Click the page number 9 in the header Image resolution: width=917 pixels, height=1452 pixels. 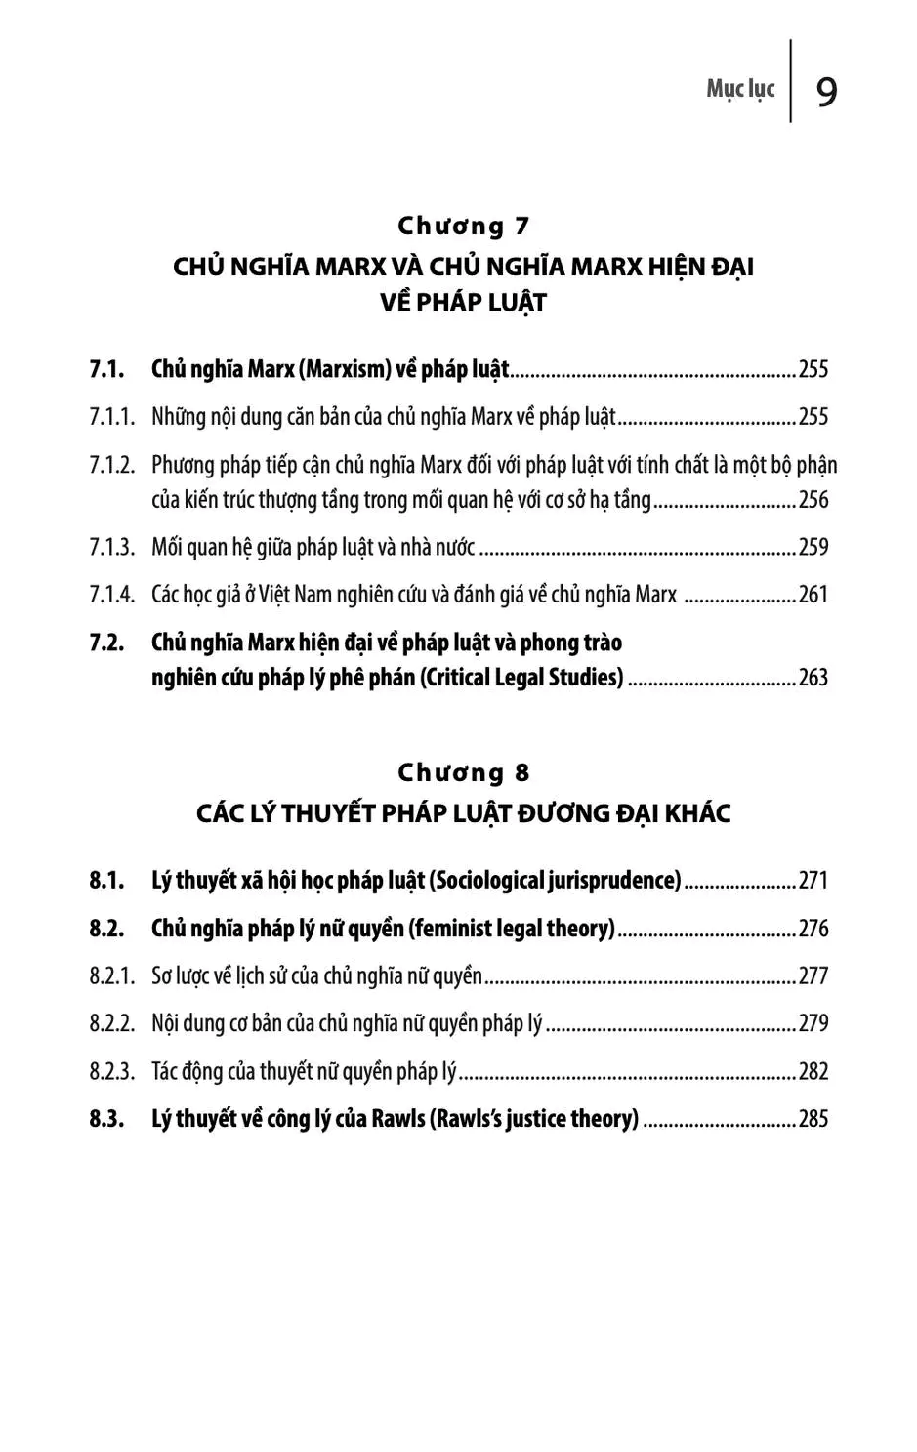point(826,92)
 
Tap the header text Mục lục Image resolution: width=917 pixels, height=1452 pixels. point(740,89)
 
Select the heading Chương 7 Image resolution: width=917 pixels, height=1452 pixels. point(463,226)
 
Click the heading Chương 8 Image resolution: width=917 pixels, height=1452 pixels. point(463,772)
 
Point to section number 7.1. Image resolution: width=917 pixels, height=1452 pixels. point(106,369)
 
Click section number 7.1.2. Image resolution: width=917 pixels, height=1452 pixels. point(112,465)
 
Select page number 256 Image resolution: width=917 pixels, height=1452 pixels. point(813,500)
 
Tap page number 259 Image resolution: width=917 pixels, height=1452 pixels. point(813,547)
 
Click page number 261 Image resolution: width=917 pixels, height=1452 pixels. point(813,594)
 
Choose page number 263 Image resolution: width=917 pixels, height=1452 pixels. point(813,678)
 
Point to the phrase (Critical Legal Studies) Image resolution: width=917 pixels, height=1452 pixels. point(521,678)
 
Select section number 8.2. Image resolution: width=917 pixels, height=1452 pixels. point(106,928)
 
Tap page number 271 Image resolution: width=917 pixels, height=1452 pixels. point(813,881)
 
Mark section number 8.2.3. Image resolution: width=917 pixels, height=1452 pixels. point(112,1071)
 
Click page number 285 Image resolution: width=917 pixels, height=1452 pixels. point(813,1119)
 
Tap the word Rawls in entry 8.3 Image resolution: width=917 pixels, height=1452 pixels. point(397,1119)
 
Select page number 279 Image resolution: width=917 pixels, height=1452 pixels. point(813,1023)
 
